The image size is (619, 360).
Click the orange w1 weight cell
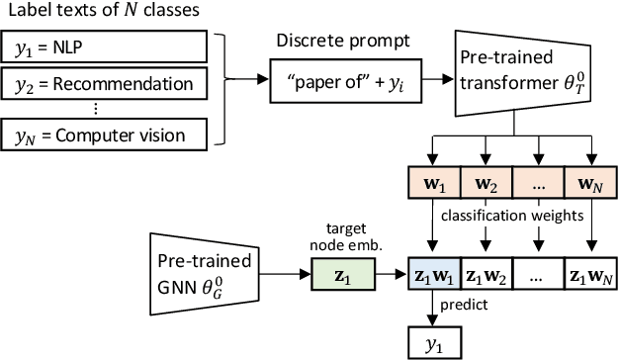[x=430, y=183]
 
